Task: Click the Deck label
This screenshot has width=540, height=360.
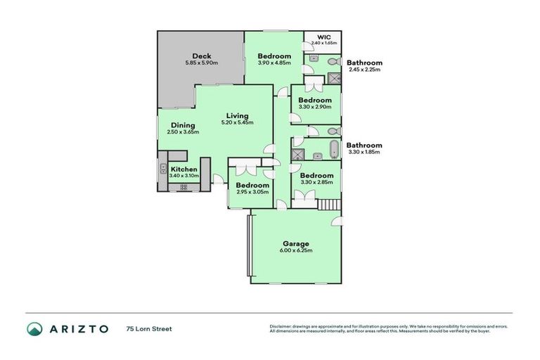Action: (202, 56)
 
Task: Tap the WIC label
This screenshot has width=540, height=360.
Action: (323, 37)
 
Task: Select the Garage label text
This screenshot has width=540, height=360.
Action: (295, 244)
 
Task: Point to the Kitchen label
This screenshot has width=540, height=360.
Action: (184, 169)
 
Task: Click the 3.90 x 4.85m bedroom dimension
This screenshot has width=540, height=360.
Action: (274, 63)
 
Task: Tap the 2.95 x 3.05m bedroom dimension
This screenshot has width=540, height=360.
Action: (252, 191)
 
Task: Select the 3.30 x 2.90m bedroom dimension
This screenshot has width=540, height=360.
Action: (314, 107)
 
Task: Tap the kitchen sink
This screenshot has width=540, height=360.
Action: (162, 169)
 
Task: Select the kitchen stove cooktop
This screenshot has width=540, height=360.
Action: (184, 188)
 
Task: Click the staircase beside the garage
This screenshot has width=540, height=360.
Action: (329, 204)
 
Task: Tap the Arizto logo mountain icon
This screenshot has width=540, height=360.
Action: (35, 328)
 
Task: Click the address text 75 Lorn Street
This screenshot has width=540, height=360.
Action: (149, 328)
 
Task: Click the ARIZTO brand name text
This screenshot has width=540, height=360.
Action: (79, 328)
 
